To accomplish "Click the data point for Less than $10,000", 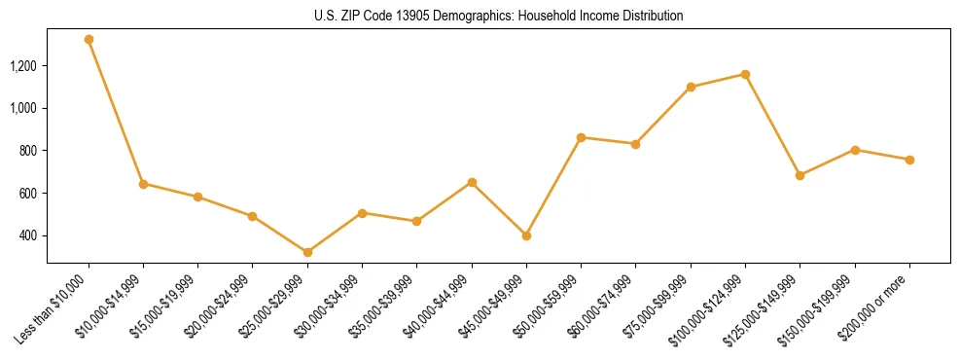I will point(89,40).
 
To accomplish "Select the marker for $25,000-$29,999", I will point(307,252).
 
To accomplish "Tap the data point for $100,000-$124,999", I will point(745,74).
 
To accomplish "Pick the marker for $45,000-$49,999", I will point(526,235).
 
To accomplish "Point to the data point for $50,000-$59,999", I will point(581,137).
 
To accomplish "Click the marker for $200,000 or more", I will point(909,160).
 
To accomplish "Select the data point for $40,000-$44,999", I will point(472,182).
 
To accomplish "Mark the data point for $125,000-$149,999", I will point(800,175).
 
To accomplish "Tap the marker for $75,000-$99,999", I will point(691,87).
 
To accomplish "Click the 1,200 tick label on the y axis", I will point(24,66).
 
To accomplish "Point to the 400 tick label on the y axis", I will point(29,235).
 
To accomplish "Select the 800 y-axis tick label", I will point(29,151).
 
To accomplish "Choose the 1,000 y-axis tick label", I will point(24,108).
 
